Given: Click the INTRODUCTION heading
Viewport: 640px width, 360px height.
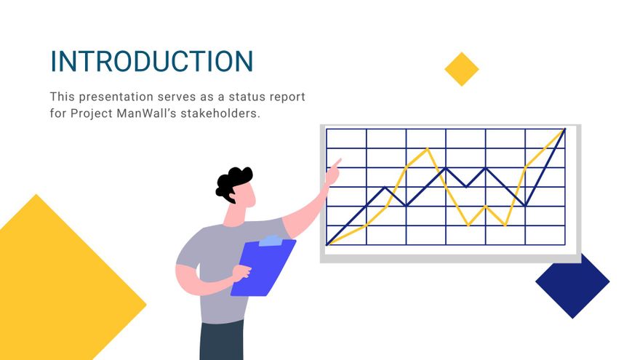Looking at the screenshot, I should coord(151,61).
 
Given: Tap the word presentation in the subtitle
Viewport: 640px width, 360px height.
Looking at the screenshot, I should coord(113,97).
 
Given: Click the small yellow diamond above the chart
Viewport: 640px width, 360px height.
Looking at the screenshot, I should coord(462,69).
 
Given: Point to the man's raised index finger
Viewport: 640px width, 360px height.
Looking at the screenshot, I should coord(337,162).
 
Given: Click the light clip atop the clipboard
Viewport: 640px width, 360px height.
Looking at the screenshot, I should coord(270,241).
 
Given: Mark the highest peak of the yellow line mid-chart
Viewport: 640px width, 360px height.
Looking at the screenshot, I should coord(428,149).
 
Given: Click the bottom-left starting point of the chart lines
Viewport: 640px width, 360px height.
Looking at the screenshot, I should coord(328,244).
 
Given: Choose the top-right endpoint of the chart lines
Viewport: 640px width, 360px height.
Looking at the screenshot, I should coord(564,130).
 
